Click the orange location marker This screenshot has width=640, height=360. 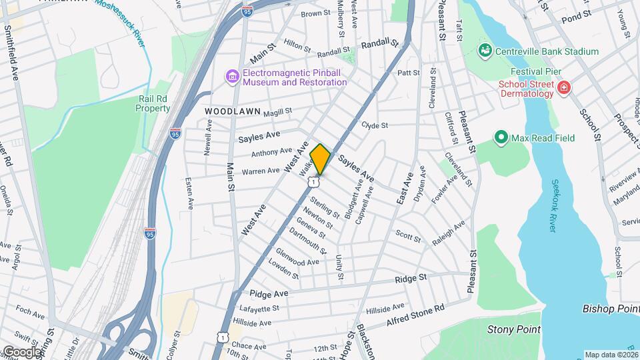320,159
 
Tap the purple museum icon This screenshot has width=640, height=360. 232,77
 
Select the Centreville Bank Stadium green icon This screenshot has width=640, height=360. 485,51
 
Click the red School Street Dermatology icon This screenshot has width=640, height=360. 564,88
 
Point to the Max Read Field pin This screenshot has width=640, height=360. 501,138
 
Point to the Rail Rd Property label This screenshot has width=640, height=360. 154,103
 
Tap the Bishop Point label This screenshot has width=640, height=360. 609,309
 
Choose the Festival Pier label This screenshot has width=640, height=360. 536,71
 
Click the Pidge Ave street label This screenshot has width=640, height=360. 269,293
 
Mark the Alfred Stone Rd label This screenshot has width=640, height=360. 415,316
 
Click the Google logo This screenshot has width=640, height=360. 21,351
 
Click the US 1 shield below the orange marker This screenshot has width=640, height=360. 313,182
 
